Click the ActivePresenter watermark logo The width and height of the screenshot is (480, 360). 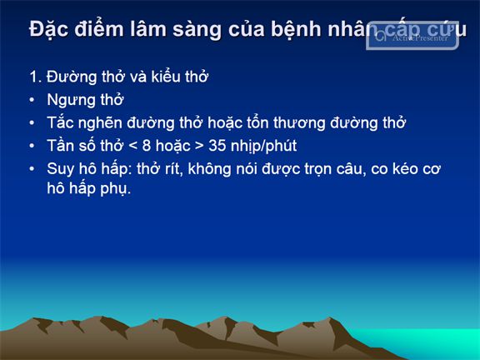412,36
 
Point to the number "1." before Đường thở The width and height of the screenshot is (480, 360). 36,77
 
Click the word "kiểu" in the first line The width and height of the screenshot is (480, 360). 165,76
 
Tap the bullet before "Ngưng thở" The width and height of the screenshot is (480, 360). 32,100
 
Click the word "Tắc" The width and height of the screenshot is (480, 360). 61,122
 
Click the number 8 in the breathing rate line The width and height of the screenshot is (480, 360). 147,146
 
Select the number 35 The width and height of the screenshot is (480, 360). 217,146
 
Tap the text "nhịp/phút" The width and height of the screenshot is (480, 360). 263,147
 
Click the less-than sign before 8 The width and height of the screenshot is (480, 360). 132,146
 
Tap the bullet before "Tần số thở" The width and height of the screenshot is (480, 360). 32,146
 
